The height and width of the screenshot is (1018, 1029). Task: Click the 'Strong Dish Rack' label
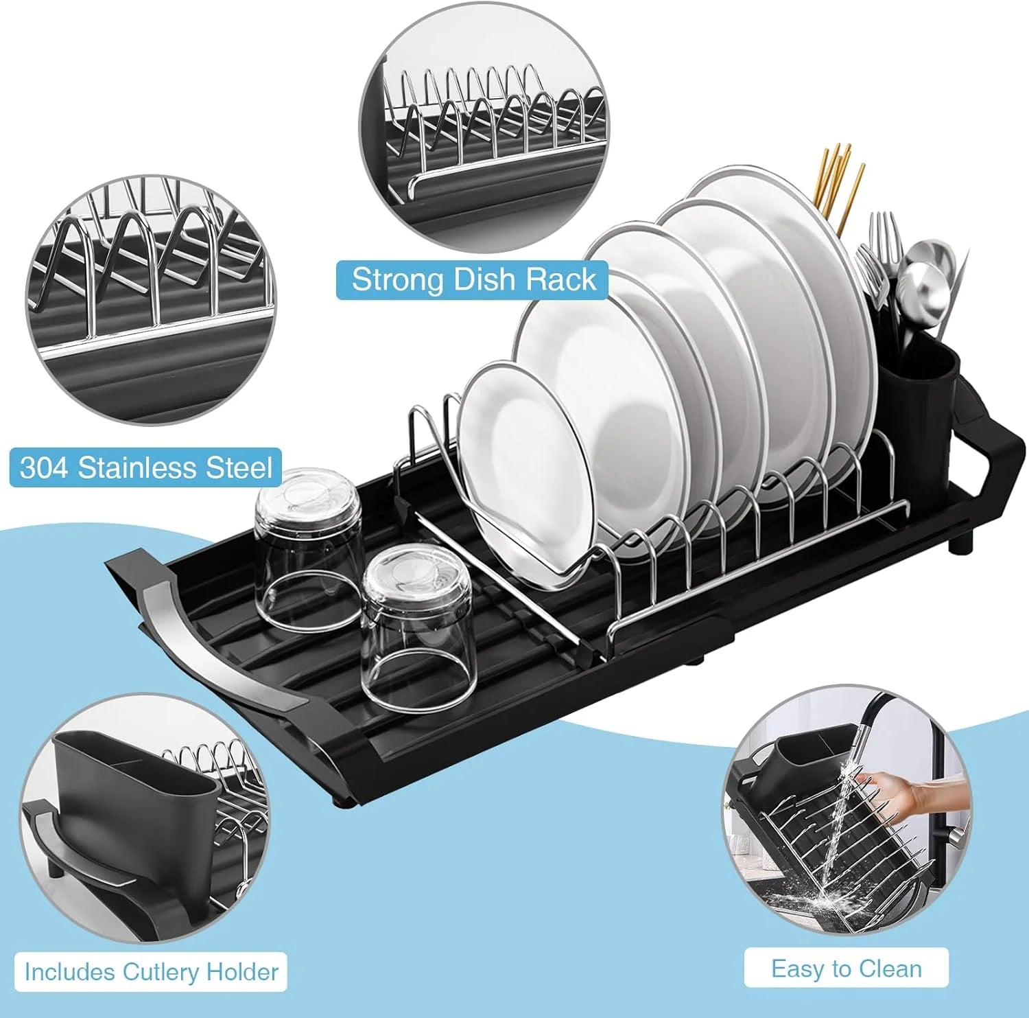tap(473, 280)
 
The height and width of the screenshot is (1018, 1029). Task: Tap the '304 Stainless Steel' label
tap(145, 468)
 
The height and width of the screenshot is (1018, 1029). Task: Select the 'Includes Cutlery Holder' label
tap(151, 972)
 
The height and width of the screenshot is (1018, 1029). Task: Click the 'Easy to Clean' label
tap(846, 969)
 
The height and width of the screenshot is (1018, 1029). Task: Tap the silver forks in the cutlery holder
tap(878, 261)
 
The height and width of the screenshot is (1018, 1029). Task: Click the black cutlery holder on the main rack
tap(919, 405)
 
